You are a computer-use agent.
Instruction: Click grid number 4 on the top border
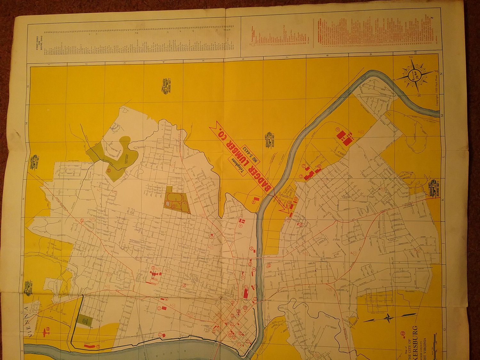point(163,62)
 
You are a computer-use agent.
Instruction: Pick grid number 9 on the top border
point(370,55)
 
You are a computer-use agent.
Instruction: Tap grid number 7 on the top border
point(287,57)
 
